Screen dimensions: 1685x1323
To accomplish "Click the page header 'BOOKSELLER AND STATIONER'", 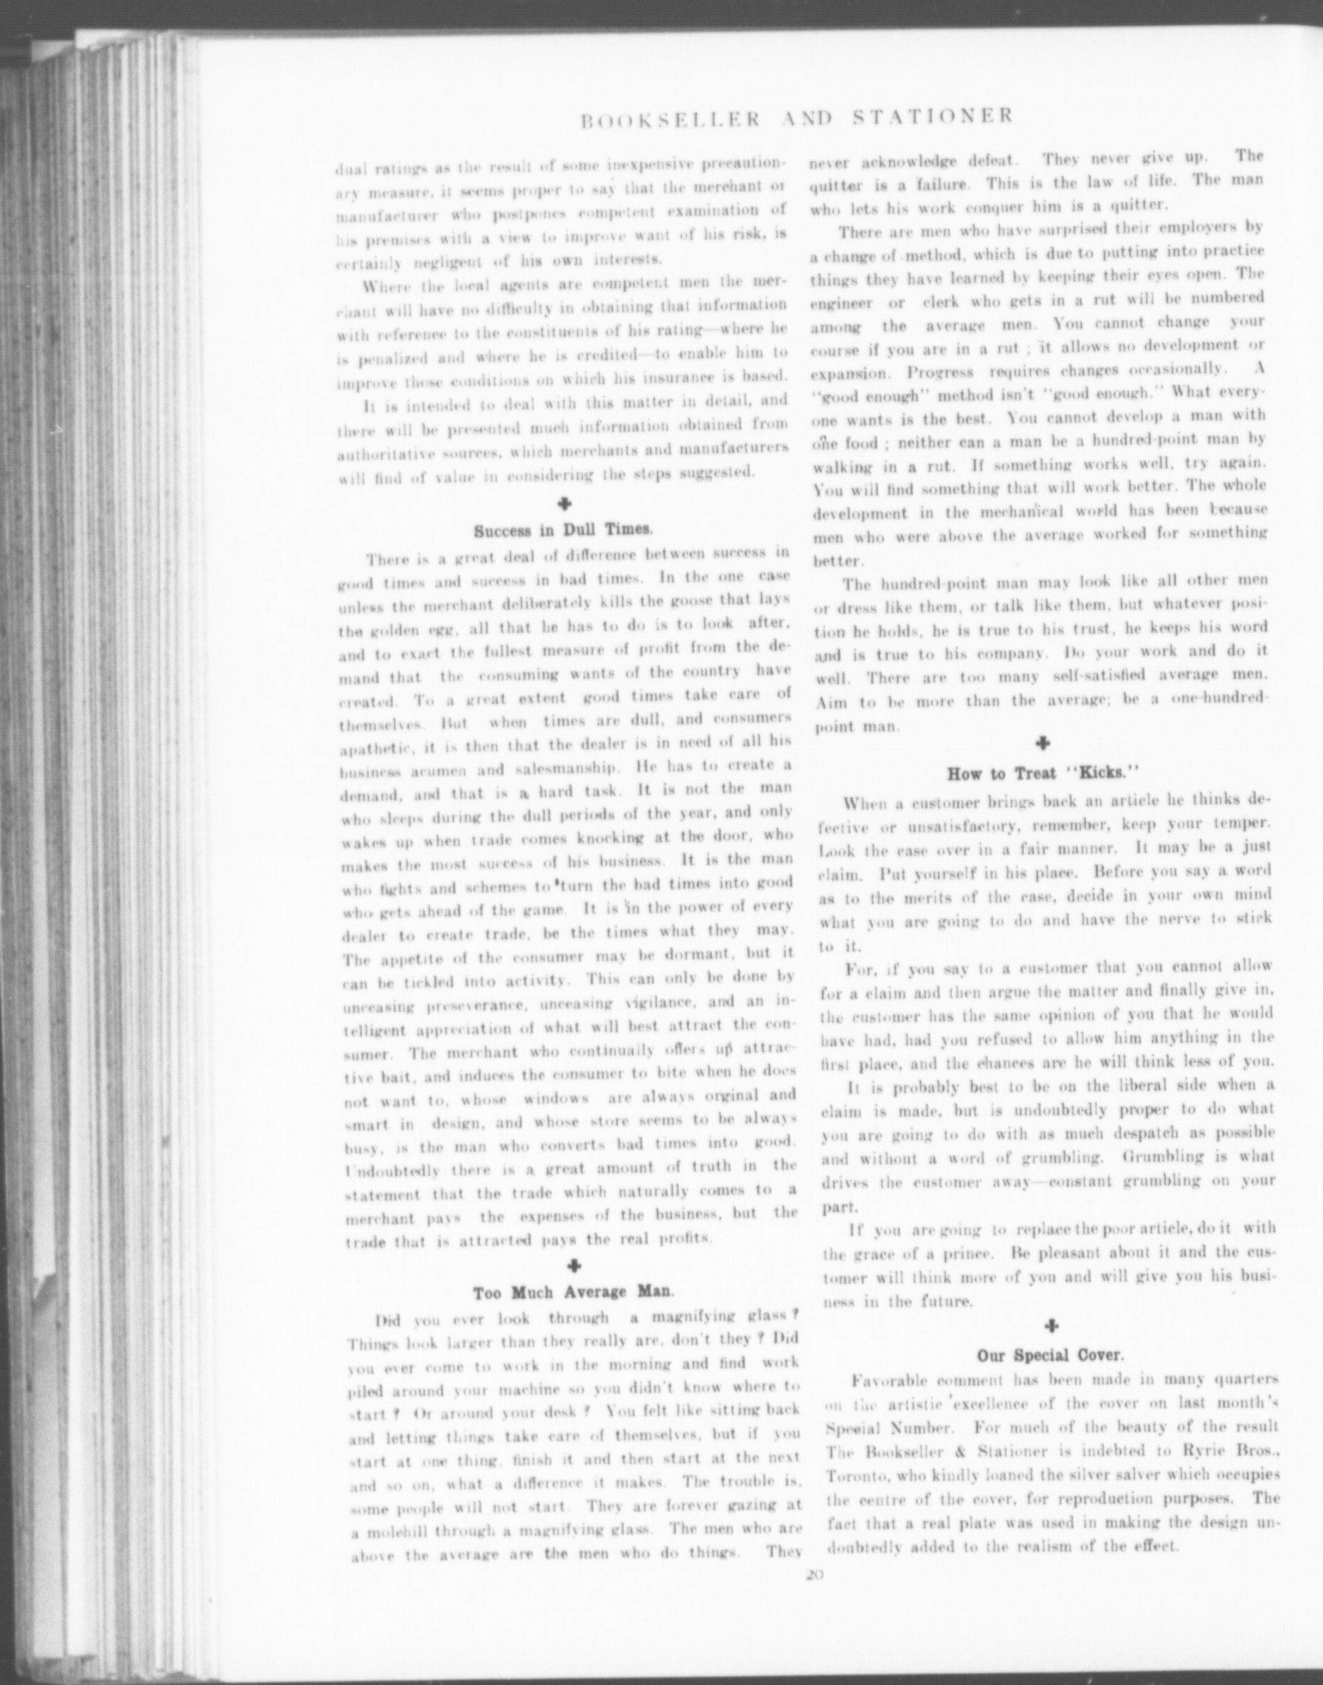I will pyautogui.click(x=796, y=117).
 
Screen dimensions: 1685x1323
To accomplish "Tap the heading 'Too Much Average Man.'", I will pyautogui.click(x=573, y=1292).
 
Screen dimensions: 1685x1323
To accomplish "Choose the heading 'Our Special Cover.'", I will pyautogui.click(x=1049, y=1356).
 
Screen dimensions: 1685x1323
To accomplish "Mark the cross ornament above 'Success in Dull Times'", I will pyautogui.click(x=565, y=503).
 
